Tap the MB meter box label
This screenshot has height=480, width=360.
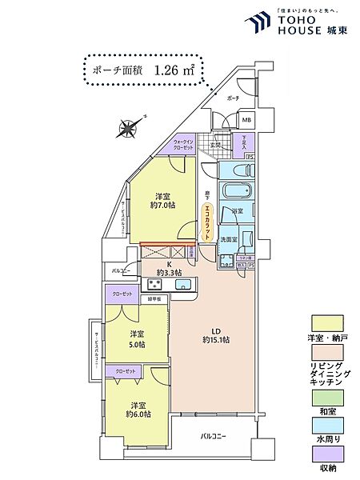(x=246, y=121)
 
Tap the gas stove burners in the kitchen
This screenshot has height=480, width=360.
(x=154, y=284)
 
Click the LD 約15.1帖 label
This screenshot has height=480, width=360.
(x=215, y=334)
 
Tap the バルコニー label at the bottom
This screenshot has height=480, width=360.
(x=212, y=436)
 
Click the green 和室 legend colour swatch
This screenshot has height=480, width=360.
(x=326, y=395)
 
